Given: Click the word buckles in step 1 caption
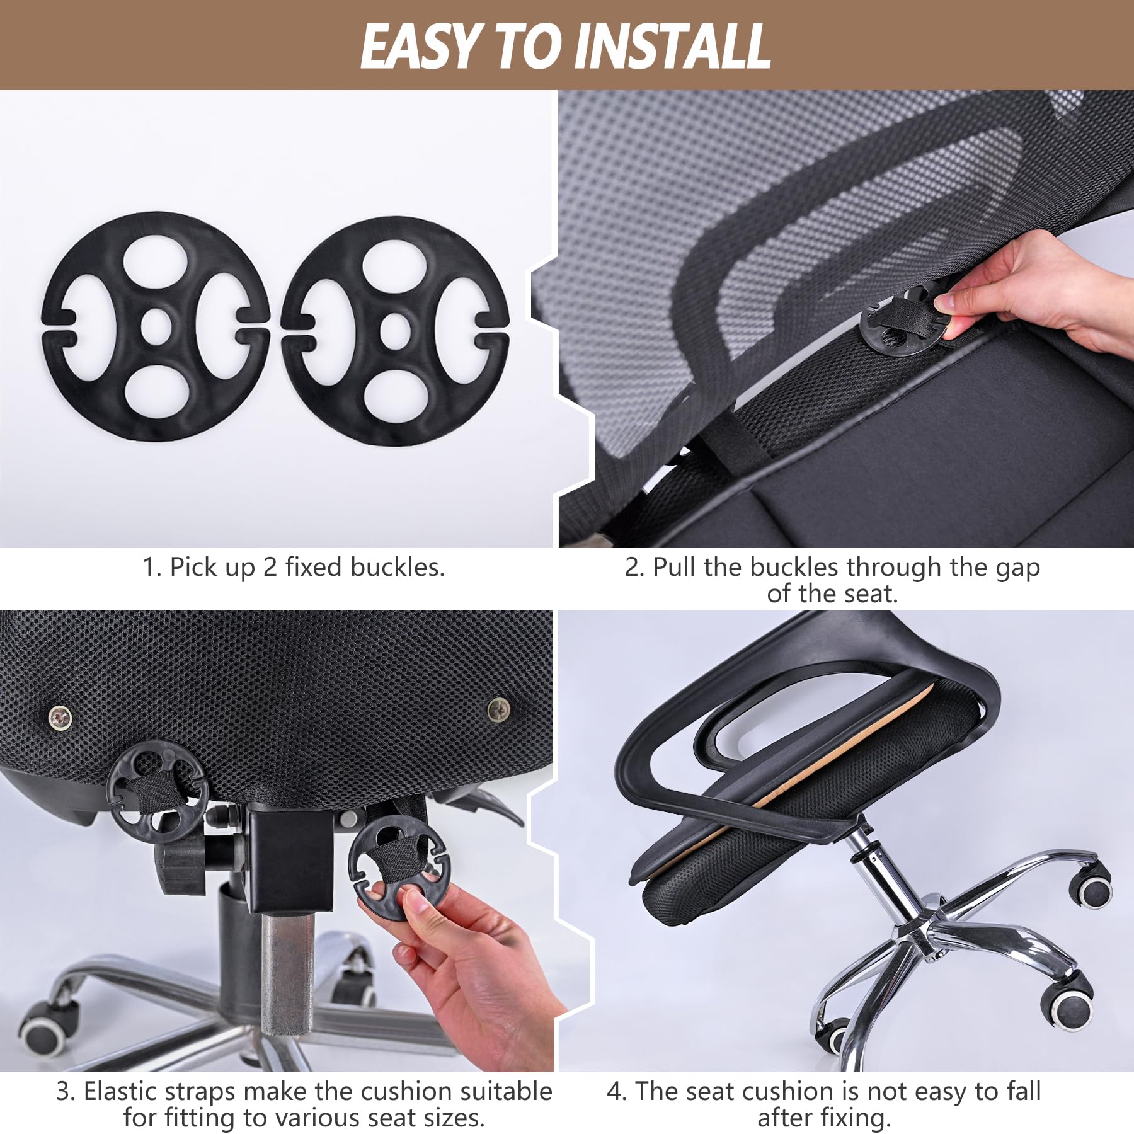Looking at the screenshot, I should click(x=397, y=567).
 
